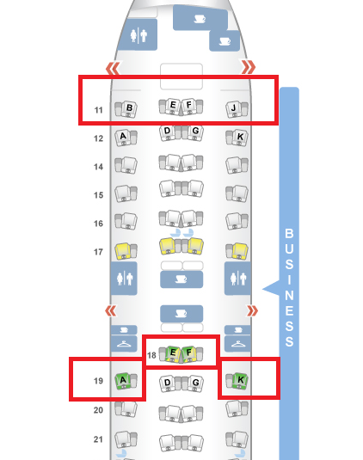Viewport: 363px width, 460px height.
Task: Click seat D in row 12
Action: click(x=167, y=132)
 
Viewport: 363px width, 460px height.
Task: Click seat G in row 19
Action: click(x=196, y=383)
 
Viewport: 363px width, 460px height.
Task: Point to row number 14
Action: click(x=98, y=167)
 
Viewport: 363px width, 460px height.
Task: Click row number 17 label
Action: click(x=98, y=252)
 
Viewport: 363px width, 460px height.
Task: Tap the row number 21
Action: click(x=98, y=439)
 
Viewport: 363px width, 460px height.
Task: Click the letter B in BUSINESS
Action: click(x=289, y=234)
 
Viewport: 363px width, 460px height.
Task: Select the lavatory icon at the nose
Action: click(x=138, y=36)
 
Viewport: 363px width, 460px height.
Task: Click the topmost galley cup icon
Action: click(x=200, y=19)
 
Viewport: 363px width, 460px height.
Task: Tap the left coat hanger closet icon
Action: click(x=124, y=344)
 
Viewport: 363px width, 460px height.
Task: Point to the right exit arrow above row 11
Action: click(x=249, y=67)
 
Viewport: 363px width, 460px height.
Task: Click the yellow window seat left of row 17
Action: click(x=123, y=251)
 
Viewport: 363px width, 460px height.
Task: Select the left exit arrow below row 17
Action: click(x=111, y=311)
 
